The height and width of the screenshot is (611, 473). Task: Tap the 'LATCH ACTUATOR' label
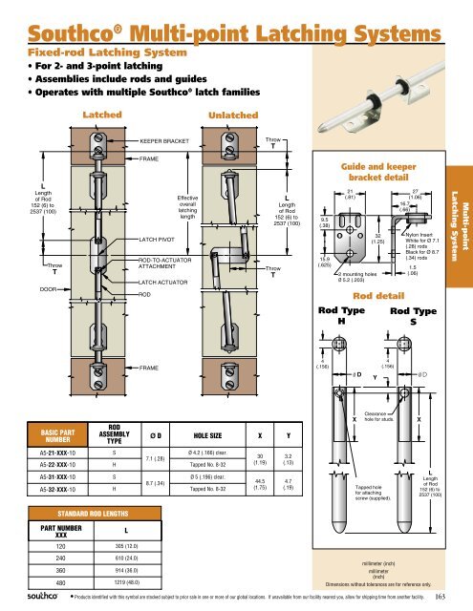coord(167,283)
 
